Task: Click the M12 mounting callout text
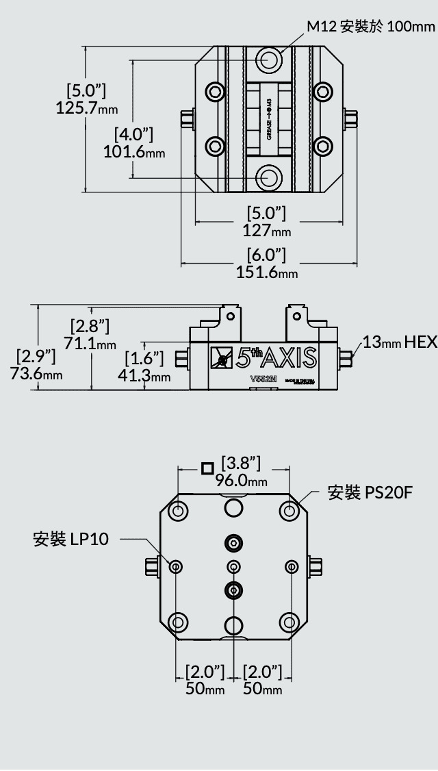(x=370, y=27)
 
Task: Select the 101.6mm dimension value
(x=134, y=151)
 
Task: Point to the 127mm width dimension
(x=266, y=230)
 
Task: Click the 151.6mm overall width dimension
(x=267, y=272)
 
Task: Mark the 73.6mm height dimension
(x=36, y=374)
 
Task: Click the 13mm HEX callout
(x=400, y=342)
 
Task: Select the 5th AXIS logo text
(x=277, y=357)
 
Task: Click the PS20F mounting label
(x=370, y=493)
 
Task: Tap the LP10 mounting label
(x=71, y=539)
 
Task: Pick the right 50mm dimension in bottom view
(x=263, y=688)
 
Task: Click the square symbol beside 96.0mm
(x=208, y=468)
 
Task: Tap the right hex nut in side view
(x=346, y=357)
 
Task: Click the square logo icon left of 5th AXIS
(x=221, y=357)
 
